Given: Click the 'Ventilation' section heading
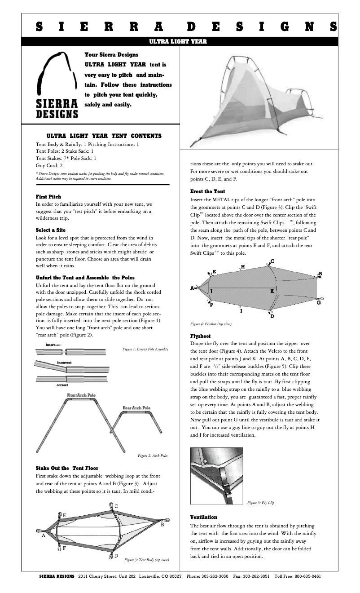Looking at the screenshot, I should pos(203,517).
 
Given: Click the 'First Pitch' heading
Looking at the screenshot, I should pos(48,197).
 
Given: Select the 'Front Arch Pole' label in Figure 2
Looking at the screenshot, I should pos(81,395).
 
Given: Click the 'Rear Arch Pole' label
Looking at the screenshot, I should pos(136,408).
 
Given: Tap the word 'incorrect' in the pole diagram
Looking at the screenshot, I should pos(65,363).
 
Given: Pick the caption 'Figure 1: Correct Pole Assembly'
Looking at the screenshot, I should pos(145,349).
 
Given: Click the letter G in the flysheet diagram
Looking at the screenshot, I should pos(318,302).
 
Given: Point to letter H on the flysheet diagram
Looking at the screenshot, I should pos(243,267).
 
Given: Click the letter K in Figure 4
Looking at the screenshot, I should pos(272,291).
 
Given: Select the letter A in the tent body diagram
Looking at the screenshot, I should pos(44,535).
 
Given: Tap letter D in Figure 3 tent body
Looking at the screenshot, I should pos(116,556).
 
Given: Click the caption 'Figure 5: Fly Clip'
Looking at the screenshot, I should pos(260,503).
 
